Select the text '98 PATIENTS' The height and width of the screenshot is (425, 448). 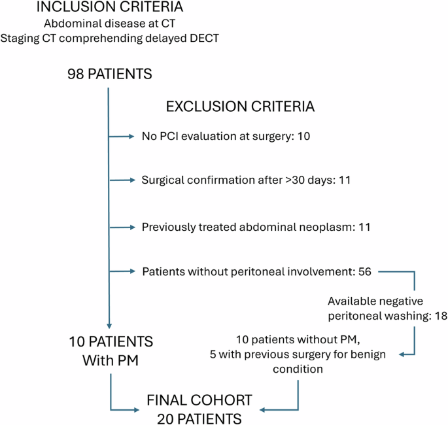click(109, 75)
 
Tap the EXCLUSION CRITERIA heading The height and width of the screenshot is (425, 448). click(240, 106)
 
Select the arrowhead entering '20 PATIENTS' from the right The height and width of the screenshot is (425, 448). click(264, 410)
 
